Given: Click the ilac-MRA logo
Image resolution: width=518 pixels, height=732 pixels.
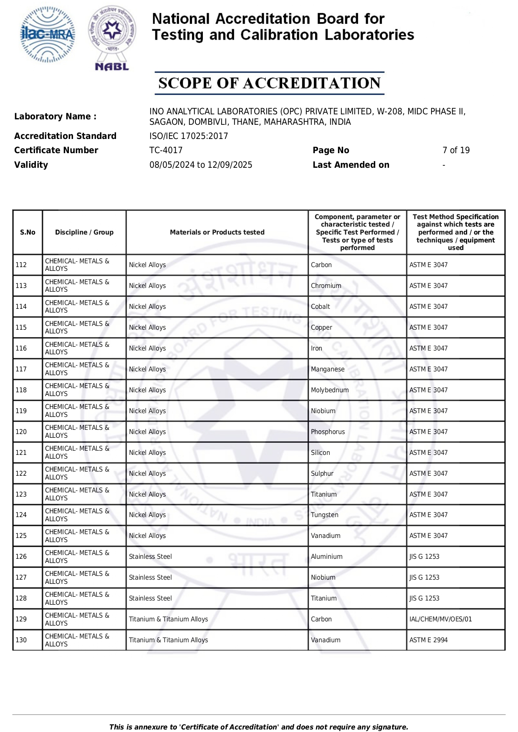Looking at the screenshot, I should pos(48,35).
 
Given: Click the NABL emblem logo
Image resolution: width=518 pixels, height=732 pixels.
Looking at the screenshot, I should pos(112,38).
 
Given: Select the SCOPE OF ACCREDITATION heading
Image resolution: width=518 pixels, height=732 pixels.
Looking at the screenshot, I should pos(269,83).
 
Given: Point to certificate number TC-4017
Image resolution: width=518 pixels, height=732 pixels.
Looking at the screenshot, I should pos(166,150).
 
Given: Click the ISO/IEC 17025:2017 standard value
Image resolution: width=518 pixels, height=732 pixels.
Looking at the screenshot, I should pos(189,136).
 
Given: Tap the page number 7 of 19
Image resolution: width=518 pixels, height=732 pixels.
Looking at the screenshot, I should pos(456,150).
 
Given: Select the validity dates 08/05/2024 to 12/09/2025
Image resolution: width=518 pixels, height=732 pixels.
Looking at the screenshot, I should pos(201,165).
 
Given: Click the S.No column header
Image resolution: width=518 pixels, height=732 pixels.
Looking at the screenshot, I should pos(28,232).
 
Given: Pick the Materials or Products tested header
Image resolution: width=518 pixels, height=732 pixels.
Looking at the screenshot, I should pos(217,232).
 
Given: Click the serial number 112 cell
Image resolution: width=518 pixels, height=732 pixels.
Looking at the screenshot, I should pos(21,265).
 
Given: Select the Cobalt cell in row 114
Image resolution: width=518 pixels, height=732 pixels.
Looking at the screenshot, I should pos(320,307).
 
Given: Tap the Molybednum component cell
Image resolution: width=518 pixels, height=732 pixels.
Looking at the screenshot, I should pos(330,390).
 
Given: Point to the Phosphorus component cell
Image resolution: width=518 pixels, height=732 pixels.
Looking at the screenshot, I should pos(328,432).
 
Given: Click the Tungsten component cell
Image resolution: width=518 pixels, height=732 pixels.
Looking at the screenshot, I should pos(324,515).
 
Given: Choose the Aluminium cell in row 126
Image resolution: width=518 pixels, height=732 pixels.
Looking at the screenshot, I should pos(326,557).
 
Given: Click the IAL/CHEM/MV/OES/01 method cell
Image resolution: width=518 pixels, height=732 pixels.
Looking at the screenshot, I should pos(440,619).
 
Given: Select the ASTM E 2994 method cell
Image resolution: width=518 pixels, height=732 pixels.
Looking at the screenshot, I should pos(428,640).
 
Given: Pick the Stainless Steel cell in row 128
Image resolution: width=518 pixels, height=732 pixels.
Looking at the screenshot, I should pos(150,598).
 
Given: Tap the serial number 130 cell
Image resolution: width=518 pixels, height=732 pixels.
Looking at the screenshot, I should pos(21,640).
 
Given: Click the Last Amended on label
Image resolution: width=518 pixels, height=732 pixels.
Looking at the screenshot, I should pos(351,165).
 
